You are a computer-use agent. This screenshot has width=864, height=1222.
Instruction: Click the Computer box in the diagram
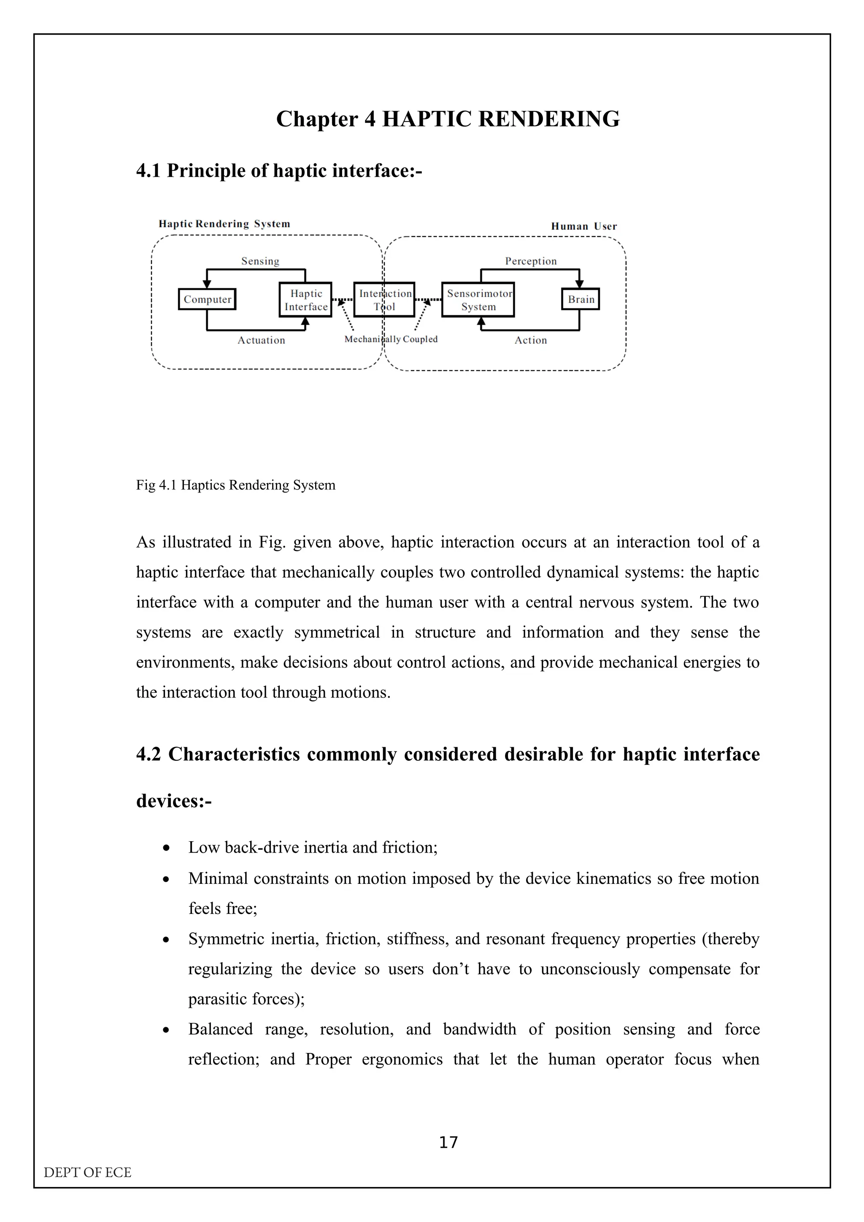point(207,299)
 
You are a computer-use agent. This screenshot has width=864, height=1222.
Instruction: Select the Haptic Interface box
point(305,300)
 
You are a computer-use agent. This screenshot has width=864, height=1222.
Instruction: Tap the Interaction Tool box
point(384,300)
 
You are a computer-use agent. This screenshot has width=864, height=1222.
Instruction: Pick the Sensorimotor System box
point(478,300)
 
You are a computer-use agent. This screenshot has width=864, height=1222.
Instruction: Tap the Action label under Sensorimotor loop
point(530,341)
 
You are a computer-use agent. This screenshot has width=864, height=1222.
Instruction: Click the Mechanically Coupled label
point(391,339)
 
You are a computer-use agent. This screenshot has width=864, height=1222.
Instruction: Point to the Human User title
point(583,226)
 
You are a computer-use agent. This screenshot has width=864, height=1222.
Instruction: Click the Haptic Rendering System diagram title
point(224,224)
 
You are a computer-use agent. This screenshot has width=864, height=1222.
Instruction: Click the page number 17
point(448,1142)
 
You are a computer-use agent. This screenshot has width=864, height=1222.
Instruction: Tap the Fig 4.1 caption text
point(235,485)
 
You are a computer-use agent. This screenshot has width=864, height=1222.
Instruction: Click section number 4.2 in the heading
point(148,754)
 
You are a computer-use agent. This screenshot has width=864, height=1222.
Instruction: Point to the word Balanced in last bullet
point(220,1029)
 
